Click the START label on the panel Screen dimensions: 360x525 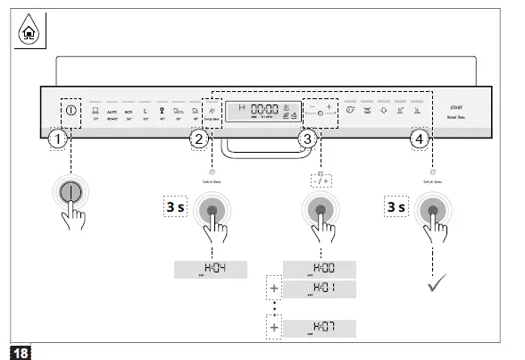[455, 106]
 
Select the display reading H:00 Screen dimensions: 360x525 [320, 269]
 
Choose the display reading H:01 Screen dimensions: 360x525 [320, 289]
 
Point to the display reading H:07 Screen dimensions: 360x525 [320, 327]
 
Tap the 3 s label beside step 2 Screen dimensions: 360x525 [175, 207]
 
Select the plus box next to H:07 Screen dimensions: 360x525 [272, 327]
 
